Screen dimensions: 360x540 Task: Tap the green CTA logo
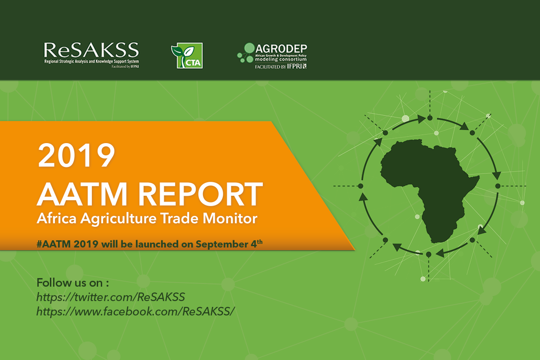pos(187,56)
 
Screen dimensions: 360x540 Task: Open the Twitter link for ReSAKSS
pos(111,297)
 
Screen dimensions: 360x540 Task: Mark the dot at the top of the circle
pos(429,118)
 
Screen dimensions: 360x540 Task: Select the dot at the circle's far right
pos(497,186)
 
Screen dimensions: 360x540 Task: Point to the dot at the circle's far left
pos(360,186)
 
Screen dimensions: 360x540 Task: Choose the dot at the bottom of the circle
pos(428,254)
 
